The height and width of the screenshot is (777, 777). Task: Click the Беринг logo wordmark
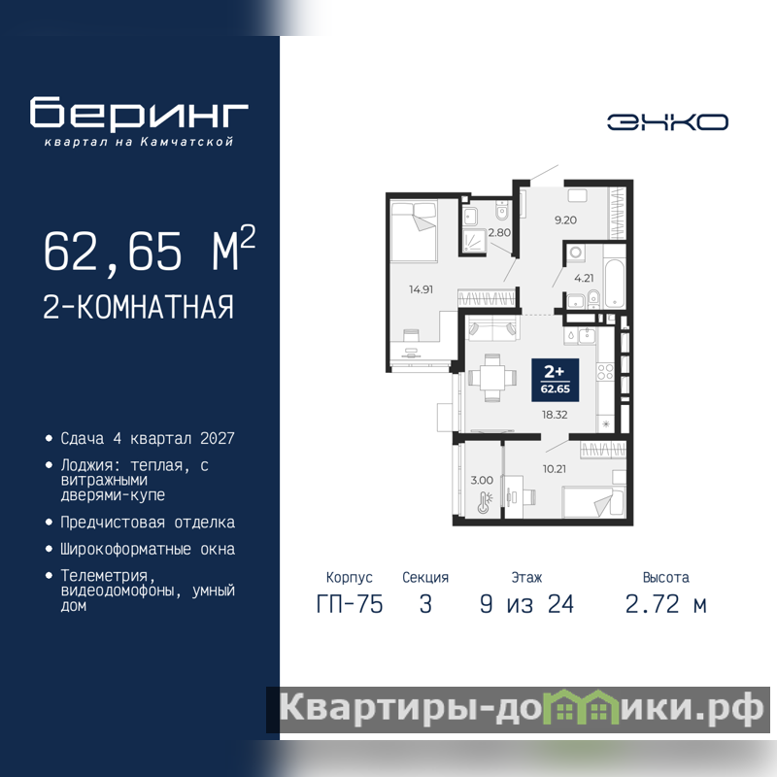(139, 112)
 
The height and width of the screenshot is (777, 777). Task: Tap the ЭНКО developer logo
(667, 122)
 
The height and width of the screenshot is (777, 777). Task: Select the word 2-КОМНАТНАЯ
(138, 307)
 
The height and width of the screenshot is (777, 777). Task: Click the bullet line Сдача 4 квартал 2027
(148, 439)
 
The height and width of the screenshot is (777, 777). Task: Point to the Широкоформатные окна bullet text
(148, 549)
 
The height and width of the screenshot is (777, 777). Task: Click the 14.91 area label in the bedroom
(421, 289)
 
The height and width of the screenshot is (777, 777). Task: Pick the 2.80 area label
(499, 232)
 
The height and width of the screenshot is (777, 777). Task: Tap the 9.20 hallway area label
(565, 220)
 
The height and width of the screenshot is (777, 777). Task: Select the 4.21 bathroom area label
(584, 278)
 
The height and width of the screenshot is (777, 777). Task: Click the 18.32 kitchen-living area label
(555, 415)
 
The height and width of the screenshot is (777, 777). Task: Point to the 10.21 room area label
(554, 469)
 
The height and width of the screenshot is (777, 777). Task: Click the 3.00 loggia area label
(482, 480)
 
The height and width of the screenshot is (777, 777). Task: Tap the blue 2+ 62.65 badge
(555, 380)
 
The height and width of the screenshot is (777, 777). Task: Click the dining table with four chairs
(492, 378)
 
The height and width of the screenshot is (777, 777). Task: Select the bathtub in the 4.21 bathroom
(615, 283)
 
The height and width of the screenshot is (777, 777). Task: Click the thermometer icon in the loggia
(484, 502)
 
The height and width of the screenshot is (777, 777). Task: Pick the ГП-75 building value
(350, 604)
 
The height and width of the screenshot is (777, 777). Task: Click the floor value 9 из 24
(526, 604)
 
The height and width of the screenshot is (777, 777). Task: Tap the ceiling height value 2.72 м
(665, 604)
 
